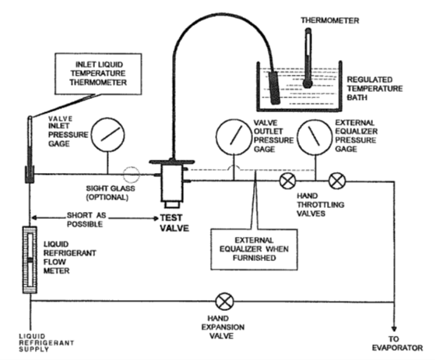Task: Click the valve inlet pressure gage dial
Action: coord(108,135)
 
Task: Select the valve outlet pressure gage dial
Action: coord(234,136)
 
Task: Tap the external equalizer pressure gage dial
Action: coord(315,137)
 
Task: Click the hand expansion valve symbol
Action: coord(225,302)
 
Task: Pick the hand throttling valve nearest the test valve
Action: coord(288,181)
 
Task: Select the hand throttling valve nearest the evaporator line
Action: coord(337,181)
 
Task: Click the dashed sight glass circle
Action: coord(132,175)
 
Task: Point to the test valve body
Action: coord(172,183)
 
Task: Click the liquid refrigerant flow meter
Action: coord(30,259)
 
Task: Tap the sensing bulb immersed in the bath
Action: coord(273,88)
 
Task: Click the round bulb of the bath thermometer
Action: coord(308,83)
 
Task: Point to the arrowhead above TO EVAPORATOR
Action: coord(394,329)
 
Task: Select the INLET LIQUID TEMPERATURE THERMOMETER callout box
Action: coord(98,74)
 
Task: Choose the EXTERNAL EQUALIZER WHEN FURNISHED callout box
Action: coord(254,249)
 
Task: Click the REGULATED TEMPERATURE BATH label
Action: coord(374,89)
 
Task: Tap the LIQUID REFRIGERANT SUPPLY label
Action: coord(47,343)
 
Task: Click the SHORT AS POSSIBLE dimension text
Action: coord(86,220)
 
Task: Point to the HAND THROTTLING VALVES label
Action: coord(320,205)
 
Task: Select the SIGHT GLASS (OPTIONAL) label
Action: coord(111,192)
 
